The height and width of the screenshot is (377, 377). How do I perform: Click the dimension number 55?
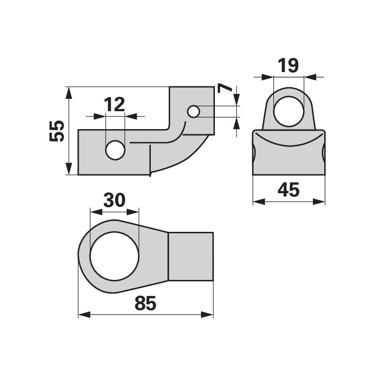[x=57, y=131]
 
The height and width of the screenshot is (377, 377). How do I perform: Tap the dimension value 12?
[x=115, y=104]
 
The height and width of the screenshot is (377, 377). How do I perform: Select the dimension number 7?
[x=224, y=88]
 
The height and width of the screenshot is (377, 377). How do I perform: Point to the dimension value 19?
[x=288, y=66]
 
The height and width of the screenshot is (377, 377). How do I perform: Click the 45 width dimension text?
[x=288, y=189]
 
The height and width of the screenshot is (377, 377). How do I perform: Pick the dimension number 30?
[x=115, y=200]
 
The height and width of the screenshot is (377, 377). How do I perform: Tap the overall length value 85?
[x=146, y=303]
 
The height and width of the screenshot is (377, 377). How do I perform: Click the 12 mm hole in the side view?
[x=115, y=150]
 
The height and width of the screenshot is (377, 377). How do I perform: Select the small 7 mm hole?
[x=194, y=112]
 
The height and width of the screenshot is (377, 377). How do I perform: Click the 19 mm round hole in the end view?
[x=289, y=111]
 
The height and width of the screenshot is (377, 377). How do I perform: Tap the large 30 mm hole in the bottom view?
[x=115, y=256]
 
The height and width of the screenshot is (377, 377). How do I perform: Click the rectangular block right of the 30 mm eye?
[x=191, y=256]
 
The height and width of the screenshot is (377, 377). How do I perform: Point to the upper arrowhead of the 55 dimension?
[x=69, y=92]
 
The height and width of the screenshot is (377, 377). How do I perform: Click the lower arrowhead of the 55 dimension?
[x=69, y=169]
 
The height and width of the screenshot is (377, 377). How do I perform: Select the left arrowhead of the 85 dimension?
[x=84, y=314]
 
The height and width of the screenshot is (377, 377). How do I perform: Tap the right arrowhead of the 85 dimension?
[x=207, y=314]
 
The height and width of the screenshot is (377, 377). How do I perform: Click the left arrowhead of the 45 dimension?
[x=259, y=202]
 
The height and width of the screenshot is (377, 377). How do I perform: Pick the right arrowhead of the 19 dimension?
[x=310, y=77]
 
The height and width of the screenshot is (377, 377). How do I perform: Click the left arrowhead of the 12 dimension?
[x=99, y=116]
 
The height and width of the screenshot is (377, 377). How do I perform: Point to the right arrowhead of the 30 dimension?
[x=133, y=212]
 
